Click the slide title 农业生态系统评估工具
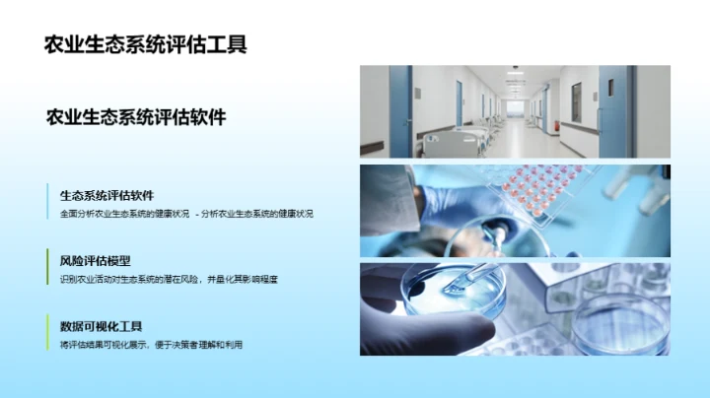coord(146,43)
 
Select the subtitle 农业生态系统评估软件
coord(136,117)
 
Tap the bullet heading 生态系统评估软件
coord(106,195)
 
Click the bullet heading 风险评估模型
coord(95,261)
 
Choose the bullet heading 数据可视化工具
coord(102,326)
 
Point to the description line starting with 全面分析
coord(185,213)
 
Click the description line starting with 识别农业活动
coord(169,279)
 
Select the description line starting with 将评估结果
coord(151,344)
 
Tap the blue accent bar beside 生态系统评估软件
coord(48,203)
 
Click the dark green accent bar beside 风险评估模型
coord(48,269)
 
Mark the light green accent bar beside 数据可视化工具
coord(48,334)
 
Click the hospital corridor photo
coord(514,111)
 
